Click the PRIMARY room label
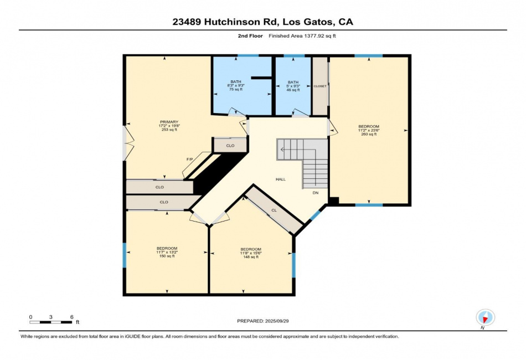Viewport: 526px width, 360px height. (x=169, y=122)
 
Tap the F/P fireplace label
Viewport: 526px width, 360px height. (x=190, y=159)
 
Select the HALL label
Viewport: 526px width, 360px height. (x=281, y=179)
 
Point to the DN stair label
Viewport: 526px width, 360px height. (x=316, y=193)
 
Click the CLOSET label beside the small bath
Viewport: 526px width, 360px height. (x=320, y=86)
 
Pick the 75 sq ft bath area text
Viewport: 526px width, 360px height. (x=236, y=90)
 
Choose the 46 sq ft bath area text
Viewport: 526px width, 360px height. (x=293, y=90)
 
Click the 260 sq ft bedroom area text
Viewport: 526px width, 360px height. (x=369, y=134)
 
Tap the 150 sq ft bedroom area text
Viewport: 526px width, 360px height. (x=167, y=256)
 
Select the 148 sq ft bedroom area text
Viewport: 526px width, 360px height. (x=251, y=257)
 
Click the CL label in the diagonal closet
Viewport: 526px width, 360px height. (x=274, y=210)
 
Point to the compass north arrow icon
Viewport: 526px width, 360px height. (x=485, y=317)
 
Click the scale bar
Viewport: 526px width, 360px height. (x=50, y=322)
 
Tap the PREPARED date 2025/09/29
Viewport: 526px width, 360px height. (x=277, y=321)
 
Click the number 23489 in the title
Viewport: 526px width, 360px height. (x=187, y=22)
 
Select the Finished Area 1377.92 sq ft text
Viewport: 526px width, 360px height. (x=302, y=36)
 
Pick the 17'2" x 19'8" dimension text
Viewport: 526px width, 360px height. (x=169, y=126)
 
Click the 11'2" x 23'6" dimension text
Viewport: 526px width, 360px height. (x=369, y=130)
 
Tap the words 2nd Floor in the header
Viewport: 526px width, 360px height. (x=250, y=36)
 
